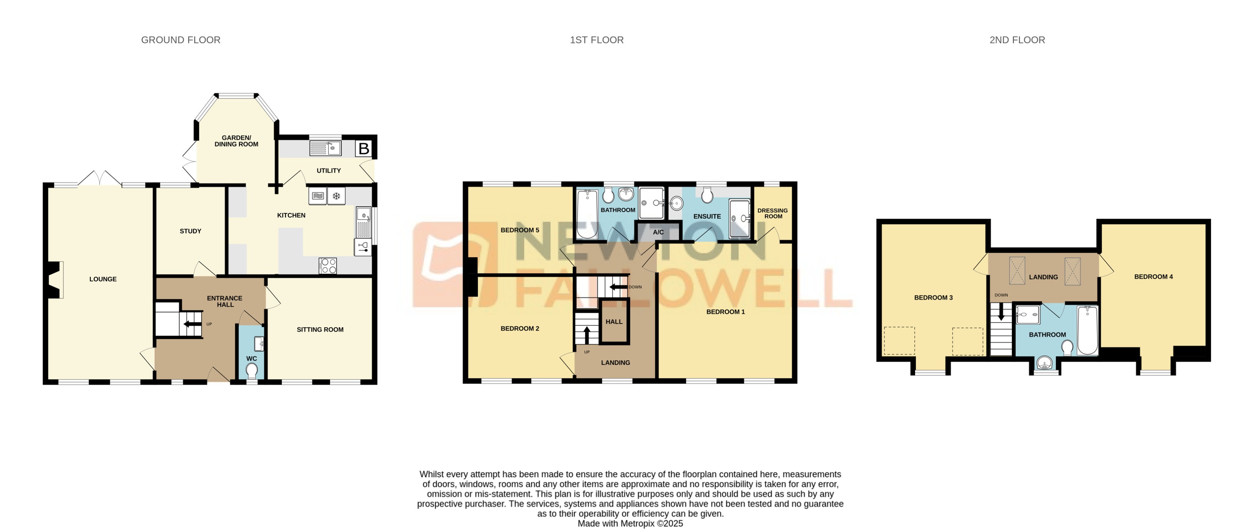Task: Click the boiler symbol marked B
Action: click(364, 148)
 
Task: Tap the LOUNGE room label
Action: click(103, 279)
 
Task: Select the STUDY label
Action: click(190, 231)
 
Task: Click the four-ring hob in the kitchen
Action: click(327, 266)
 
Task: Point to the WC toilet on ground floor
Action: click(252, 372)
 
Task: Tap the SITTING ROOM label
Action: click(320, 330)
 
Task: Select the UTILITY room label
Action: click(329, 170)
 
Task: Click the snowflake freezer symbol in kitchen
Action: click(336, 196)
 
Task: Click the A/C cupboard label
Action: click(658, 232)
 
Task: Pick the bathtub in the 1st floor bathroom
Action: click(587, 214)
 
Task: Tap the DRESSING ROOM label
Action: click(772, 213)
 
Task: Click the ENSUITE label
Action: click(707, 216)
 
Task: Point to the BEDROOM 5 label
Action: click(520, 230)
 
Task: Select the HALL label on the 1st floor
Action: click(614, 321)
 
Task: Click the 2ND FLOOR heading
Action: click(1017, 40)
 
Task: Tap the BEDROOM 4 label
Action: click(1153, 277)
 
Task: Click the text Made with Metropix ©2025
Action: click(630, 524)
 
